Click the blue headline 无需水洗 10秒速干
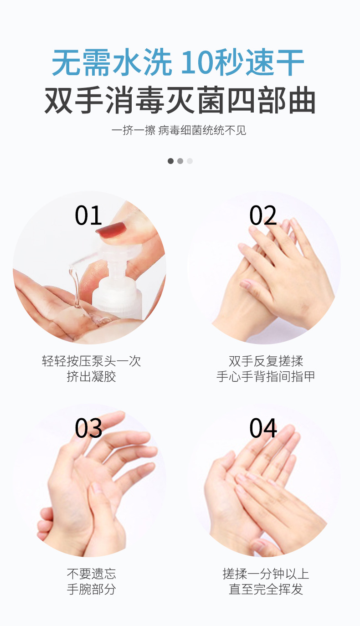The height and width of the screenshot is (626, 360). coord(178,62)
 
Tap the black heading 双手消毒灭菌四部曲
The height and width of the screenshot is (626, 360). coord(180,100)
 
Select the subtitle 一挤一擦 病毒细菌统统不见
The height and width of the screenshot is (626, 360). coord(179,130)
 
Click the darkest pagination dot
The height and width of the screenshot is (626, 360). coord(170,161)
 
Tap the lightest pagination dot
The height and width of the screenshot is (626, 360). coord(190,161)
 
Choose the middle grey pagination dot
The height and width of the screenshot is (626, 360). coord(180,161)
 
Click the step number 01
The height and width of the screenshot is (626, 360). coord(88,215)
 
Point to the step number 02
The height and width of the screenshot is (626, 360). coord(263,215)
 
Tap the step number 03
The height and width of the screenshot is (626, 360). coord(88,428)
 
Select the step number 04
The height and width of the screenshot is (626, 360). coord(263,428)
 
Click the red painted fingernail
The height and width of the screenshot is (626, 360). coord(112,230)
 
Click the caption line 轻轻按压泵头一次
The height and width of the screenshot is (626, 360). coord(92,361)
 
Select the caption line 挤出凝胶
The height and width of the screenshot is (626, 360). coord(92,376)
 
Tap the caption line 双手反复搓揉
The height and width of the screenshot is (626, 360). coord(266,361)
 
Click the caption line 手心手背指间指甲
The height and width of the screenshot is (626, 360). coord(266,376)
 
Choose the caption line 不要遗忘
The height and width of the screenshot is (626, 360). coord(92,574)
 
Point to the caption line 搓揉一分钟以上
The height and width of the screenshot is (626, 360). coord(266,574)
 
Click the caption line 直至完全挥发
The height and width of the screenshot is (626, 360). coord(266,589)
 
